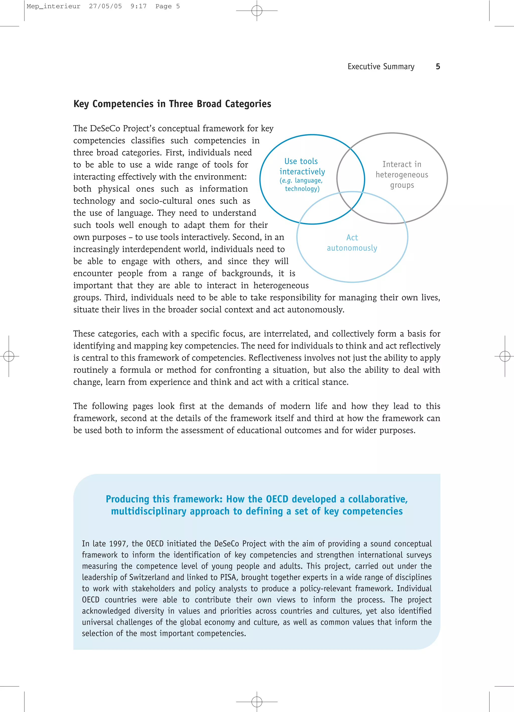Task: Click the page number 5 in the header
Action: point(438,66)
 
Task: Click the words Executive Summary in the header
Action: point(381,66)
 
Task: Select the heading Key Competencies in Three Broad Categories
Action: point(172,104)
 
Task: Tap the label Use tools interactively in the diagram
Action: point(302,166)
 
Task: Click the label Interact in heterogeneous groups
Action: point(402,174)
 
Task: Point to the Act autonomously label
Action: point(352,243)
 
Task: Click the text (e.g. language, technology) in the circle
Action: point(302,185)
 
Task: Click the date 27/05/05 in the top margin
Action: point(105,6)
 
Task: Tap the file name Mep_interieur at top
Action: point(53,6)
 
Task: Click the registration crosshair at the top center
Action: point(257,11)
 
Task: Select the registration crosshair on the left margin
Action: point(9,356)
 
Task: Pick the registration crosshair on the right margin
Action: point(504,356)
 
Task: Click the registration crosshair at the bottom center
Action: point(257,701)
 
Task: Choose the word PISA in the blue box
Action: point(228,577)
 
